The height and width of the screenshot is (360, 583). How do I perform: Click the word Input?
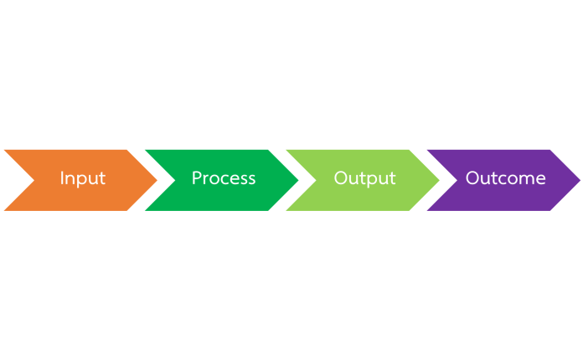point(83,178)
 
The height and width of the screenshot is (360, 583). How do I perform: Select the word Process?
point(224,178)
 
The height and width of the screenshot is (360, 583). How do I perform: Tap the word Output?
point(364,178)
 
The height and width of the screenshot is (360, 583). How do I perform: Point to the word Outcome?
point(506,178)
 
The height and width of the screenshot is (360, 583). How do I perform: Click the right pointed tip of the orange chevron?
point(157,180)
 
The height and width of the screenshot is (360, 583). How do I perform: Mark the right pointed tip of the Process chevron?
point(298,180)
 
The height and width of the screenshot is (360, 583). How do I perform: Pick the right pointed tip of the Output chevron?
point(439,180)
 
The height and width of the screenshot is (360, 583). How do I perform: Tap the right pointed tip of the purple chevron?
point(580,180)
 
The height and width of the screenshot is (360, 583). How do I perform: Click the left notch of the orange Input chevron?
point(34,180)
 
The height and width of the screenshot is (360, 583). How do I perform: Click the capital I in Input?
point(62,177)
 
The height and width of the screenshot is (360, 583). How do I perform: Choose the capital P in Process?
point(197,177)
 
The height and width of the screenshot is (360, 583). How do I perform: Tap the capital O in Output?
point(341,177)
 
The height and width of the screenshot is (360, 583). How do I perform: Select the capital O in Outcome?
point(472,177)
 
